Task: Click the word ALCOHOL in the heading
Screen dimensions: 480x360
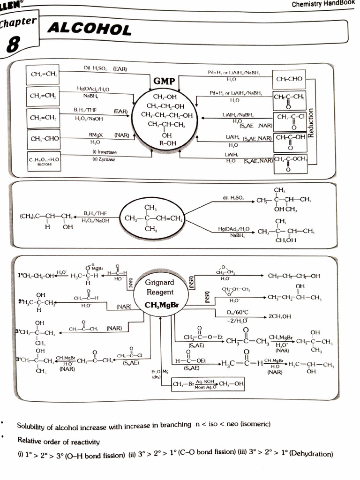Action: pyautogui.click(x=90, y=30)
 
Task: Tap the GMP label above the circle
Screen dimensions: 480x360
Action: pyautogui.click(x=164, y=82)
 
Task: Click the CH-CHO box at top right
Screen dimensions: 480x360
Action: pyautogui.click(x=289, y=79)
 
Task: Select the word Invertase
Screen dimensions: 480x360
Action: pyautogui.click(x=107, y=152)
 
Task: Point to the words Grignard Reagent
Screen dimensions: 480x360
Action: pyautogui.click(x=159, y=287)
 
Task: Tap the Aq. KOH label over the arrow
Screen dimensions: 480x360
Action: pyautogui.click(x=206, y=382)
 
